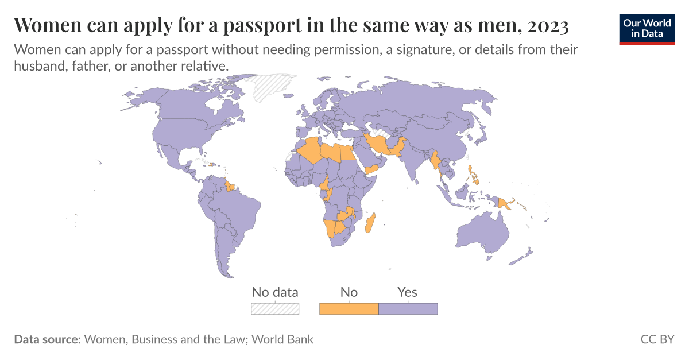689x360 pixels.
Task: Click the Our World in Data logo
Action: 647,28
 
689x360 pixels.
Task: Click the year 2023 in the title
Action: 548,26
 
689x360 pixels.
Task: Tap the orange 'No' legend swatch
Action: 349,309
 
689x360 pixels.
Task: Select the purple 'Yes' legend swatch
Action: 408,309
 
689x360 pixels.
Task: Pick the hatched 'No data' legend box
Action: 275,309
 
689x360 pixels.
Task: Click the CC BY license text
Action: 657,339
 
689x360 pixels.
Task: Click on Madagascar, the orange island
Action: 370,223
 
